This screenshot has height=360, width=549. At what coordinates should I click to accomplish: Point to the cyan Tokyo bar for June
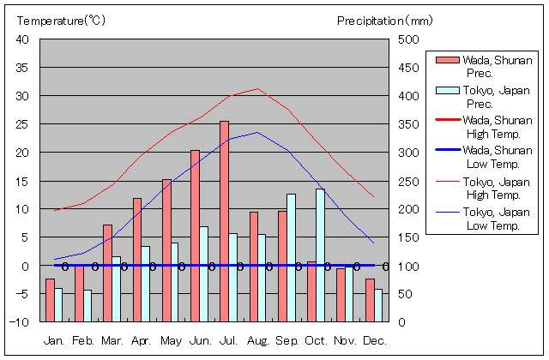pyautogui.click(x=203, y=273)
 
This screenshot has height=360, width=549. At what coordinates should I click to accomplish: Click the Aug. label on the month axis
pyautogui.click(x=257, y=341)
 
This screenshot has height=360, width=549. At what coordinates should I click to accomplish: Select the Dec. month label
pyautogui.click(x=374, y=341)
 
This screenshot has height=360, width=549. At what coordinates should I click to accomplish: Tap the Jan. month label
pyautogui.click(x=54, y=341)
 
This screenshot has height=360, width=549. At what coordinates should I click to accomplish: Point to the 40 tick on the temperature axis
pyautogui.click(x=22, y=40)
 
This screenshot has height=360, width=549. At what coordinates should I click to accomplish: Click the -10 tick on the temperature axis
pyautogui.click(x=21, y=322)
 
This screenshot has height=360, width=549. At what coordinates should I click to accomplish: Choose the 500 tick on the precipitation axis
pyautogui.click(x=409, y=40)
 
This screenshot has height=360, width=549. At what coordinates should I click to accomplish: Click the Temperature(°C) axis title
pyautogui.click(x=52, y=20)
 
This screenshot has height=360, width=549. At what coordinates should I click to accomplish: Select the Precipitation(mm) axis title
pyautogui.click(x=386, y=20)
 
